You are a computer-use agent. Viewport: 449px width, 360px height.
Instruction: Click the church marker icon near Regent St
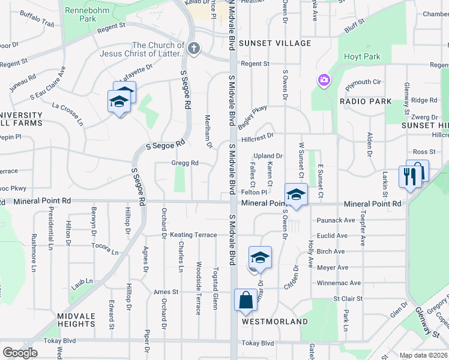tap(193, 49)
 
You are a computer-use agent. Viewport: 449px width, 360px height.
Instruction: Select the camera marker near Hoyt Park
tap(324, 80)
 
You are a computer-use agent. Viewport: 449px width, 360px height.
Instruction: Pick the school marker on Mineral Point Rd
tap(295, 194)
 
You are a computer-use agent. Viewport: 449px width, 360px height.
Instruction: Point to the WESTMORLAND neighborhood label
tap(275, 322)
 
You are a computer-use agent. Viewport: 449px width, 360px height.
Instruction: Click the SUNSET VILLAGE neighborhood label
tap(275, 43)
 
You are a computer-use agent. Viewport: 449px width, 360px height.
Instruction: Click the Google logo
tap(20, 352)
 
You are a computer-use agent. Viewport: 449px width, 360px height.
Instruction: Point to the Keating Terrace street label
tap(193, 235)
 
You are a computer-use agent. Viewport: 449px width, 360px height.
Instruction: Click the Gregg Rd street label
tap(185, 163)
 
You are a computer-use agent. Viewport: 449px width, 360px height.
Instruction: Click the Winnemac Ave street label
tap(339, 283)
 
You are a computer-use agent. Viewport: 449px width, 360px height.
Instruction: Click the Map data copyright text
tap(423, 355)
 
